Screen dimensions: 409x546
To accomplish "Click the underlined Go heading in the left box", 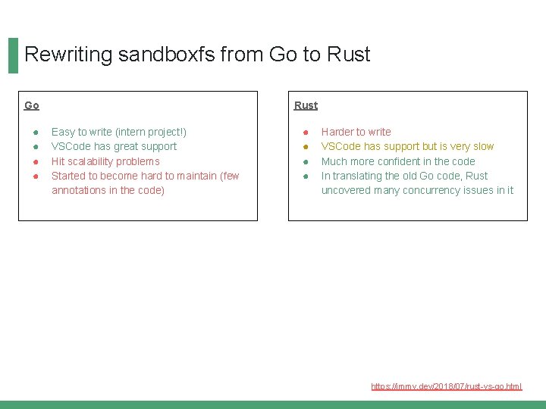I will [x=32, y=105].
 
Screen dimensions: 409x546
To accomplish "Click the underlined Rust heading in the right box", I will [x=306, y=105].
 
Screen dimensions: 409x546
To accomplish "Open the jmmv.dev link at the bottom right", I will [x=446, y=386].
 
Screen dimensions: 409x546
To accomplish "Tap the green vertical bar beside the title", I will [x=13, y=56].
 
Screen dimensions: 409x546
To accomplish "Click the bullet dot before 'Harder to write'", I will [x=305, y=133].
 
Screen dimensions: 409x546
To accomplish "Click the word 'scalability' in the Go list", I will [x=94, y=161].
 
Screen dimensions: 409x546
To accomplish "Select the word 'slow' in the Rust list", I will [x=482, y=146].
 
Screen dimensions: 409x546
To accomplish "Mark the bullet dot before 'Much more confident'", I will [x=305, y=161].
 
